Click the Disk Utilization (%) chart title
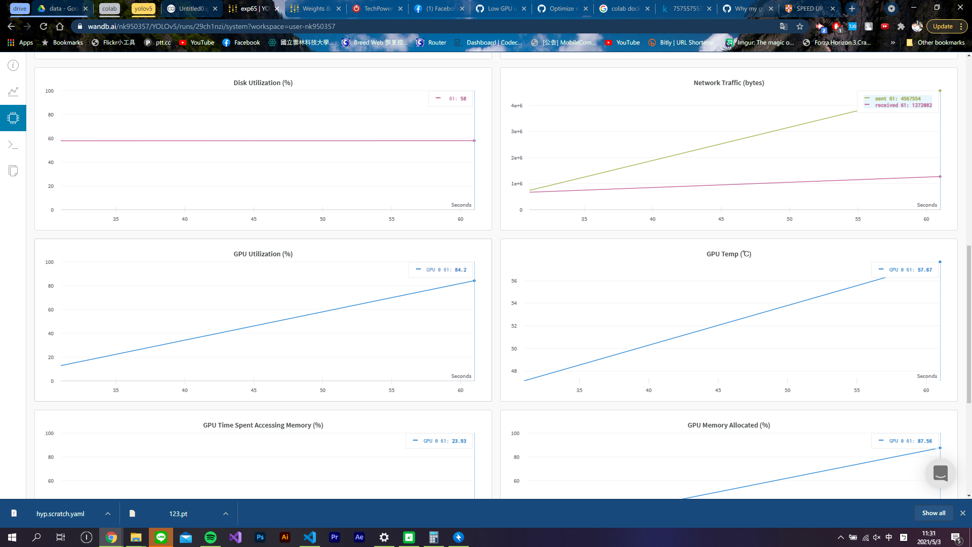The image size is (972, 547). click(263, 83)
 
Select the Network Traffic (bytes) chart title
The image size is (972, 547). click(728, 83)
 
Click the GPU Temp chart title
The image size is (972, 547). click(728, 254)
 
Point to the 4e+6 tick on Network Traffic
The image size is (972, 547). click(516, 105)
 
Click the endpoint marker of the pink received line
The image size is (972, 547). click(940, 177)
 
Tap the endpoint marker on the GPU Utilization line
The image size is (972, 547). click(474, 281)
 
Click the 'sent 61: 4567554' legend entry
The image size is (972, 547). click(898, 99)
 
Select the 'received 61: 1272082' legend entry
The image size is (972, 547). click(903, 105)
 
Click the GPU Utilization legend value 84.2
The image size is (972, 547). click(460, 270)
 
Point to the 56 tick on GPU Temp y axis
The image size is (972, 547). click(514, 281)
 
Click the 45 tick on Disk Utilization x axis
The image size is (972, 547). click(254, 219)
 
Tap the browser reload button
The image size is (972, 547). click(44, 26)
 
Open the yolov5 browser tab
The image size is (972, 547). click(143, 9)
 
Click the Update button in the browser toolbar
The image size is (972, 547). click(943, 26)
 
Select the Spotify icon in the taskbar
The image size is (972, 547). click(211, 537)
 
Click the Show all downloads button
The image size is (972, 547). click(934, 513)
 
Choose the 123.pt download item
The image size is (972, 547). click(178, 514)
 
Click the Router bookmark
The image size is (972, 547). click(436, 43)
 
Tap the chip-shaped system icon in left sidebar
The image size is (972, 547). click(13, 118)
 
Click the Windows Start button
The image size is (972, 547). click(12, 537)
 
